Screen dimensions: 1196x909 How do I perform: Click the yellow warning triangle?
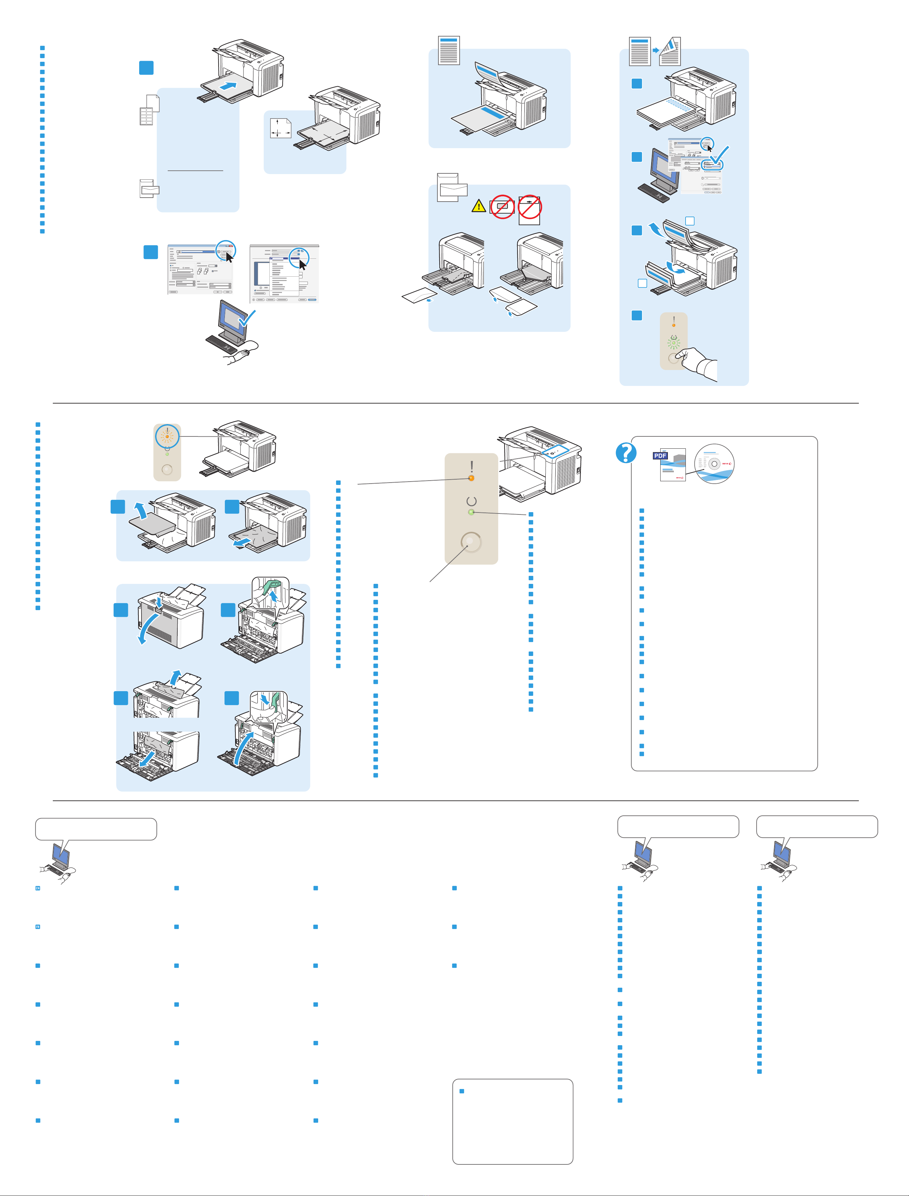(x=478, y=206)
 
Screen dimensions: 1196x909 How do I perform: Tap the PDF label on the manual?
(x=660, y=456)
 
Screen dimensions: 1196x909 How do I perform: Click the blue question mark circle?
(x=626, y=453)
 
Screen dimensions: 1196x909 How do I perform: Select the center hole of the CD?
(x=714, y=464)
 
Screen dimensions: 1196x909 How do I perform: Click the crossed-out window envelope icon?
(x=502, y=206)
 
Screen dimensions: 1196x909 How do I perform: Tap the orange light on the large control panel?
(x=471, y=478)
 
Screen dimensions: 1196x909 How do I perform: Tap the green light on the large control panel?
(x=471, y=512)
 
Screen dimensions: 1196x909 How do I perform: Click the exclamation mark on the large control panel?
(x=472, y=466)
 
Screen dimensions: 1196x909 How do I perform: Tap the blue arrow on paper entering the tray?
(x=230, y=85)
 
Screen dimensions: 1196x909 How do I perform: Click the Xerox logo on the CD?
(x=727, y=464)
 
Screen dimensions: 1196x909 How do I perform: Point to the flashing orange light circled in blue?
(x=167, y=436)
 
